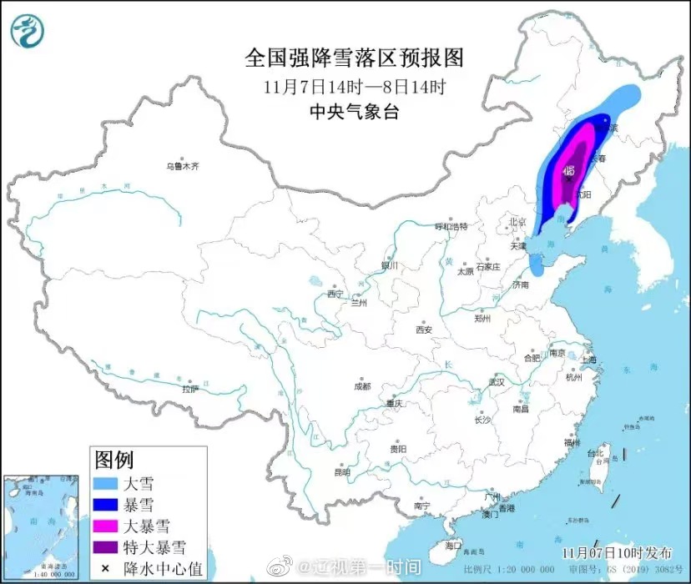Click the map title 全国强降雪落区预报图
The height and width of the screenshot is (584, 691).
pyautogui.click(x=353, y=58)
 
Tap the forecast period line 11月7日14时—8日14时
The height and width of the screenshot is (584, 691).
pyautogui.click(x=353, y=86)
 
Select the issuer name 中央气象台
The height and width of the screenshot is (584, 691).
pyautogui.click(x=353, y=112)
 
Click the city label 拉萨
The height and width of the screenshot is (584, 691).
pyautogui.click(x=190, y=389)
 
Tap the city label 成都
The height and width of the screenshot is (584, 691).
pyautogui.click(x=361, y=386)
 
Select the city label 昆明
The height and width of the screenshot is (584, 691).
pyautogui.click(x=342, y=472)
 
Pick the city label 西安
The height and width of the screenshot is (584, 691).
pyautogui.click(x=424, y=330)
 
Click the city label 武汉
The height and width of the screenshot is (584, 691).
pyautogui.click(x=497, y=381)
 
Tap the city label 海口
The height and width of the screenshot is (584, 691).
pyautogui.click(x=452, y=545)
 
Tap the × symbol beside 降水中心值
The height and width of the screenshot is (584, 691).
pyautogui.click(x=107, y=567)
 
